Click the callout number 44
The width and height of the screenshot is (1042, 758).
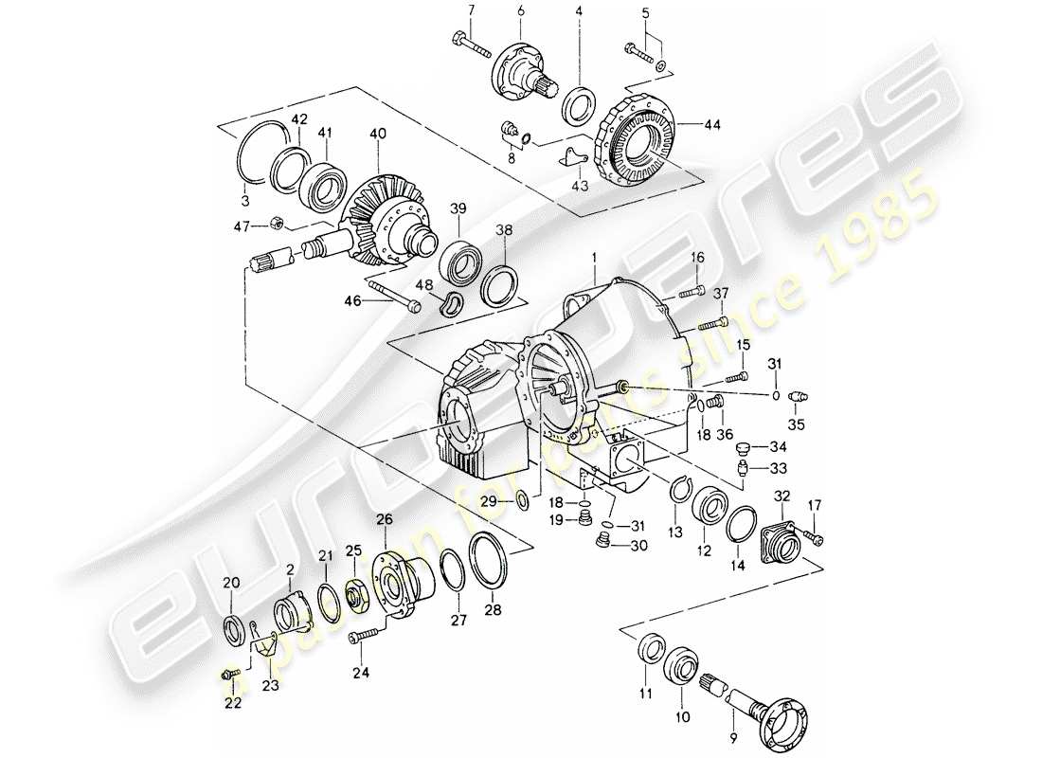coord(711,123)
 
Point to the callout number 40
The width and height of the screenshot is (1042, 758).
coord(379,134)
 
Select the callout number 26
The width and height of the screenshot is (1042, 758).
coord(384,518)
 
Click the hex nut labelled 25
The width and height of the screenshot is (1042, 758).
coord(358,594)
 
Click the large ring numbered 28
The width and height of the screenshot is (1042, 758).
coord(489,560)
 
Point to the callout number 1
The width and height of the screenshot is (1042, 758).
coord(594,255)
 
